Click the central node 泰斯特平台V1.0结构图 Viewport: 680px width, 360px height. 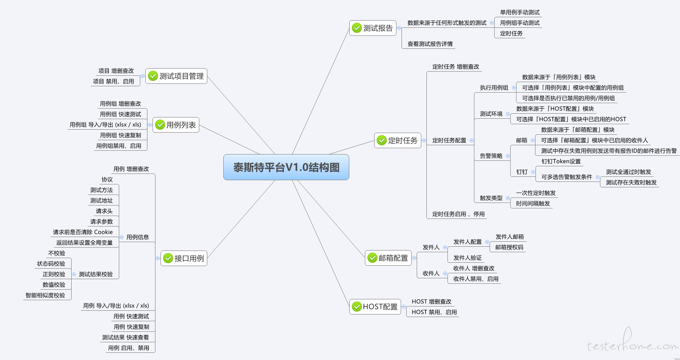(x=286, y=167)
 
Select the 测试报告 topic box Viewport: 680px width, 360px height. (x=373, y=28)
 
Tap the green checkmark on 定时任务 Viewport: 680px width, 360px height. (x=382, y=141)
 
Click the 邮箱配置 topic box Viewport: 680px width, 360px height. (x=388, y=258)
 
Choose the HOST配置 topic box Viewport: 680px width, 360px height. (x=375, y=307)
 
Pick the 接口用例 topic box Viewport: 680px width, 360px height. (x=184, y=258)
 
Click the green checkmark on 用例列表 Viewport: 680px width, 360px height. (x=160, y=125)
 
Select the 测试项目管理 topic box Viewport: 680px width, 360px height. (x=176, y=76)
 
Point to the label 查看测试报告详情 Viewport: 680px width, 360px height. (x=430, y=44)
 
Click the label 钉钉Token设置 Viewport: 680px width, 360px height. (x=561, y=161)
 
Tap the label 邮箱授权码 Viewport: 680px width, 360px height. (x=509, y=247)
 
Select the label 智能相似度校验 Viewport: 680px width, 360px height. (x=45, y=295)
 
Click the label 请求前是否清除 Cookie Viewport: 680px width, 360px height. (x=83, y=232)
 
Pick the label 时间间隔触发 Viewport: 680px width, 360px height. (x=533, y=203)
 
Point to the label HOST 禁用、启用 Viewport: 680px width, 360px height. (x=434, y=312)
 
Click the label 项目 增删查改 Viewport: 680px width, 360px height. (x=116, y=71)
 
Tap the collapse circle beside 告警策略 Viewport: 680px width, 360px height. (x=508, y=156)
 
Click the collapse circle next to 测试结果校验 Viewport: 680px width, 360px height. (x=74, y=274)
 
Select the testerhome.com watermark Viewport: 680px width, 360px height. (x=633, y=341)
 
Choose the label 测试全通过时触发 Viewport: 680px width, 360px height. (x=629, y=172)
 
